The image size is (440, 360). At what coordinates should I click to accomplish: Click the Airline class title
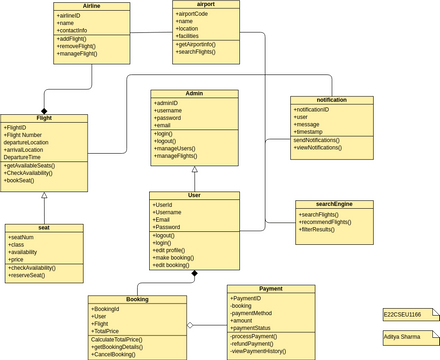pos(92,6)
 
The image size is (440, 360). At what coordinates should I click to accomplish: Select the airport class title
pos(206,5)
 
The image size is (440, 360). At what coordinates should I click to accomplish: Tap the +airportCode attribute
pos(195,13)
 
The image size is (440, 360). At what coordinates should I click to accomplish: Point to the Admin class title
pos(194,93)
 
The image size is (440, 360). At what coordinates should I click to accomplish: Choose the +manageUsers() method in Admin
pos(179,148)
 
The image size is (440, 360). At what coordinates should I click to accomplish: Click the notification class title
pos(331,100)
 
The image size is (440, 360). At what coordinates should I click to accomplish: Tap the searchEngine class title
pos(334,204)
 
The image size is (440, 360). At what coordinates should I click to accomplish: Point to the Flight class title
pos(43,118)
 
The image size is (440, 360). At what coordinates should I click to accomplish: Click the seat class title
pos(43,228)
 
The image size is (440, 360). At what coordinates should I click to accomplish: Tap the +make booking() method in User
pos(176,257)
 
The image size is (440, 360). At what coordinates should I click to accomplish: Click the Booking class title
pos(137,299)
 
